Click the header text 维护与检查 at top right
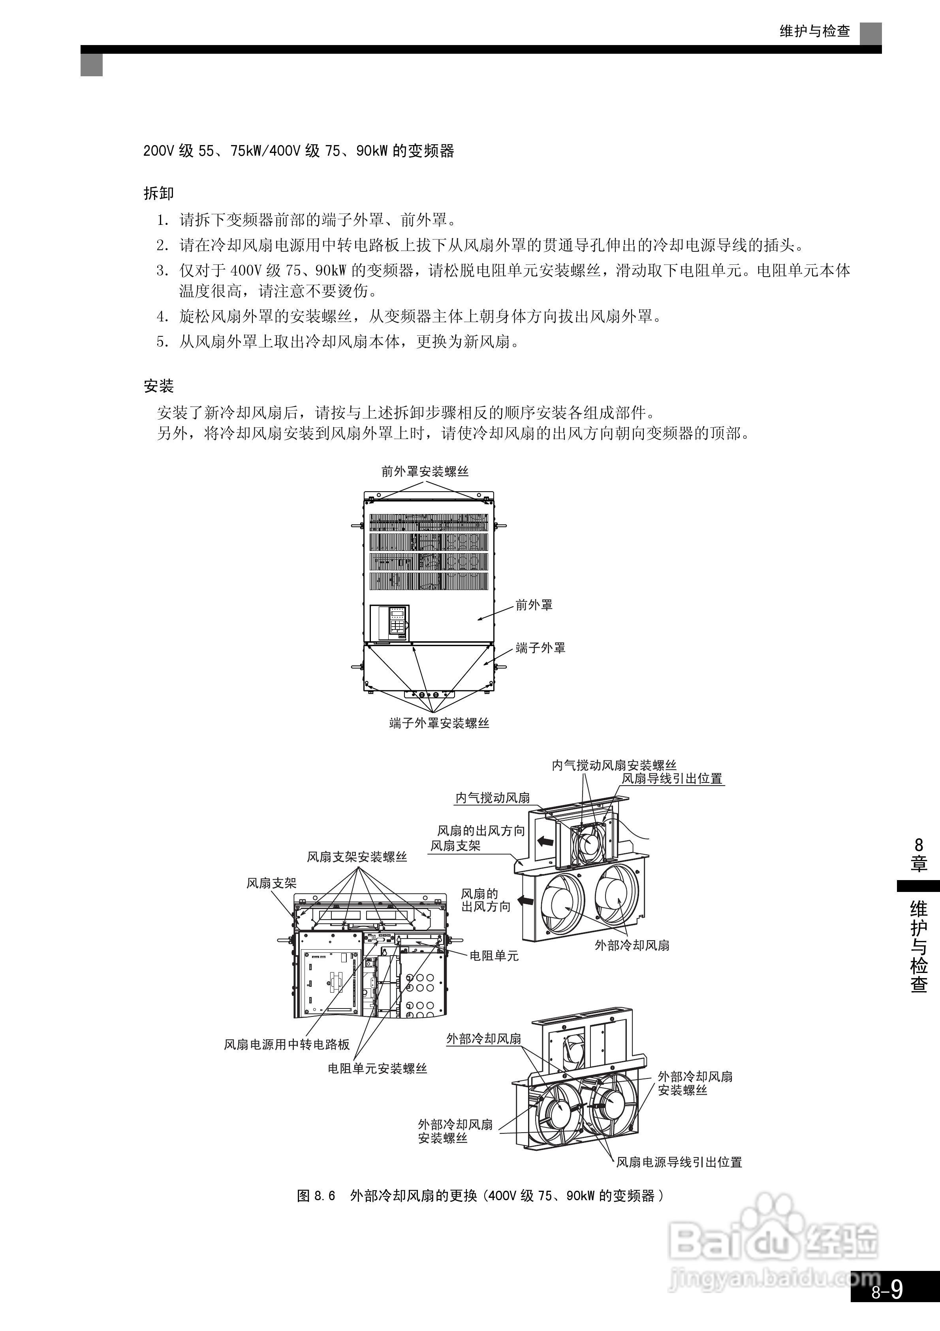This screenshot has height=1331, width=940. tap(814, 31)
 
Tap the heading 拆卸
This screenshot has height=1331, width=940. tap(158, 194)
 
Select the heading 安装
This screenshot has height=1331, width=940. tap(158, 386)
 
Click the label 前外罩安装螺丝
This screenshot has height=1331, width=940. tap(425, 471)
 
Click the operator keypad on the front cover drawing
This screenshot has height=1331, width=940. tap(397, 622)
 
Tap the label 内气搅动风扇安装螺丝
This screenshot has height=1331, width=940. tap(614, 765)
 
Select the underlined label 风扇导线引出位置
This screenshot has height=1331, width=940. tap(672, 779)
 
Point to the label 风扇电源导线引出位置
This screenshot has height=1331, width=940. tap(679, 1162)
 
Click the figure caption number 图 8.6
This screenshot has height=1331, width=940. tap(316, 1195)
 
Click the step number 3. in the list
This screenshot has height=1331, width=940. tap(162, 270)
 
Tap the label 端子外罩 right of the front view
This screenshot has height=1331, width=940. tap(540, 648)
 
